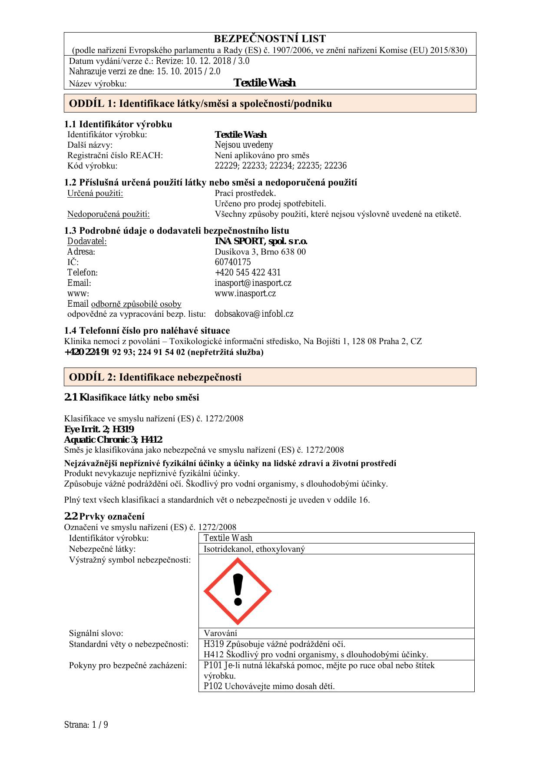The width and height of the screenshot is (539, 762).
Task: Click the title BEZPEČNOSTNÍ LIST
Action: (270, 39)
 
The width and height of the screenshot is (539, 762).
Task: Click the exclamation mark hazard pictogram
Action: (238, 591)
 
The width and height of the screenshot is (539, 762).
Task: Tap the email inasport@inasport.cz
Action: (253, 283)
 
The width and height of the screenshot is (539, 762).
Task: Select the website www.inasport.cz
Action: (245, 294)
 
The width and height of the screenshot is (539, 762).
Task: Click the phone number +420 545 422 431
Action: (248, 273)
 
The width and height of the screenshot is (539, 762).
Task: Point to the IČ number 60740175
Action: (232, 262)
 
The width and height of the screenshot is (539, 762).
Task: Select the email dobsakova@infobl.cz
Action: (254, 314)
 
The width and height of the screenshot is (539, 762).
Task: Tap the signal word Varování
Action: (220, 633)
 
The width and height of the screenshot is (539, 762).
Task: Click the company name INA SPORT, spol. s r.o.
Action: (261, 242)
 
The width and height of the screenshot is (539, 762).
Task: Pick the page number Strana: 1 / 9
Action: (86, 725)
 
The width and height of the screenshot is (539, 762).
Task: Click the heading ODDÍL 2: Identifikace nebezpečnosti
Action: (155, 377)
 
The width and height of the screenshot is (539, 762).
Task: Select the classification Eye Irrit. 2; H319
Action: (99, 430)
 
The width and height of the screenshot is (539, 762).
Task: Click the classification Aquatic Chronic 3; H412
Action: (113, 440)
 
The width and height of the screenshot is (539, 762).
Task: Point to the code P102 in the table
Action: (213, 686)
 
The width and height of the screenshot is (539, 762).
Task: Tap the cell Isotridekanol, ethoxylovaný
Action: (254, 549)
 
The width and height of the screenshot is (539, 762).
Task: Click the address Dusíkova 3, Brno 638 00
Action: (260, 252)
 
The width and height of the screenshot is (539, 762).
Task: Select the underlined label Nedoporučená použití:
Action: (108, 214)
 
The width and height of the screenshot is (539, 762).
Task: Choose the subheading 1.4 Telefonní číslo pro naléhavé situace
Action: (147, 331)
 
